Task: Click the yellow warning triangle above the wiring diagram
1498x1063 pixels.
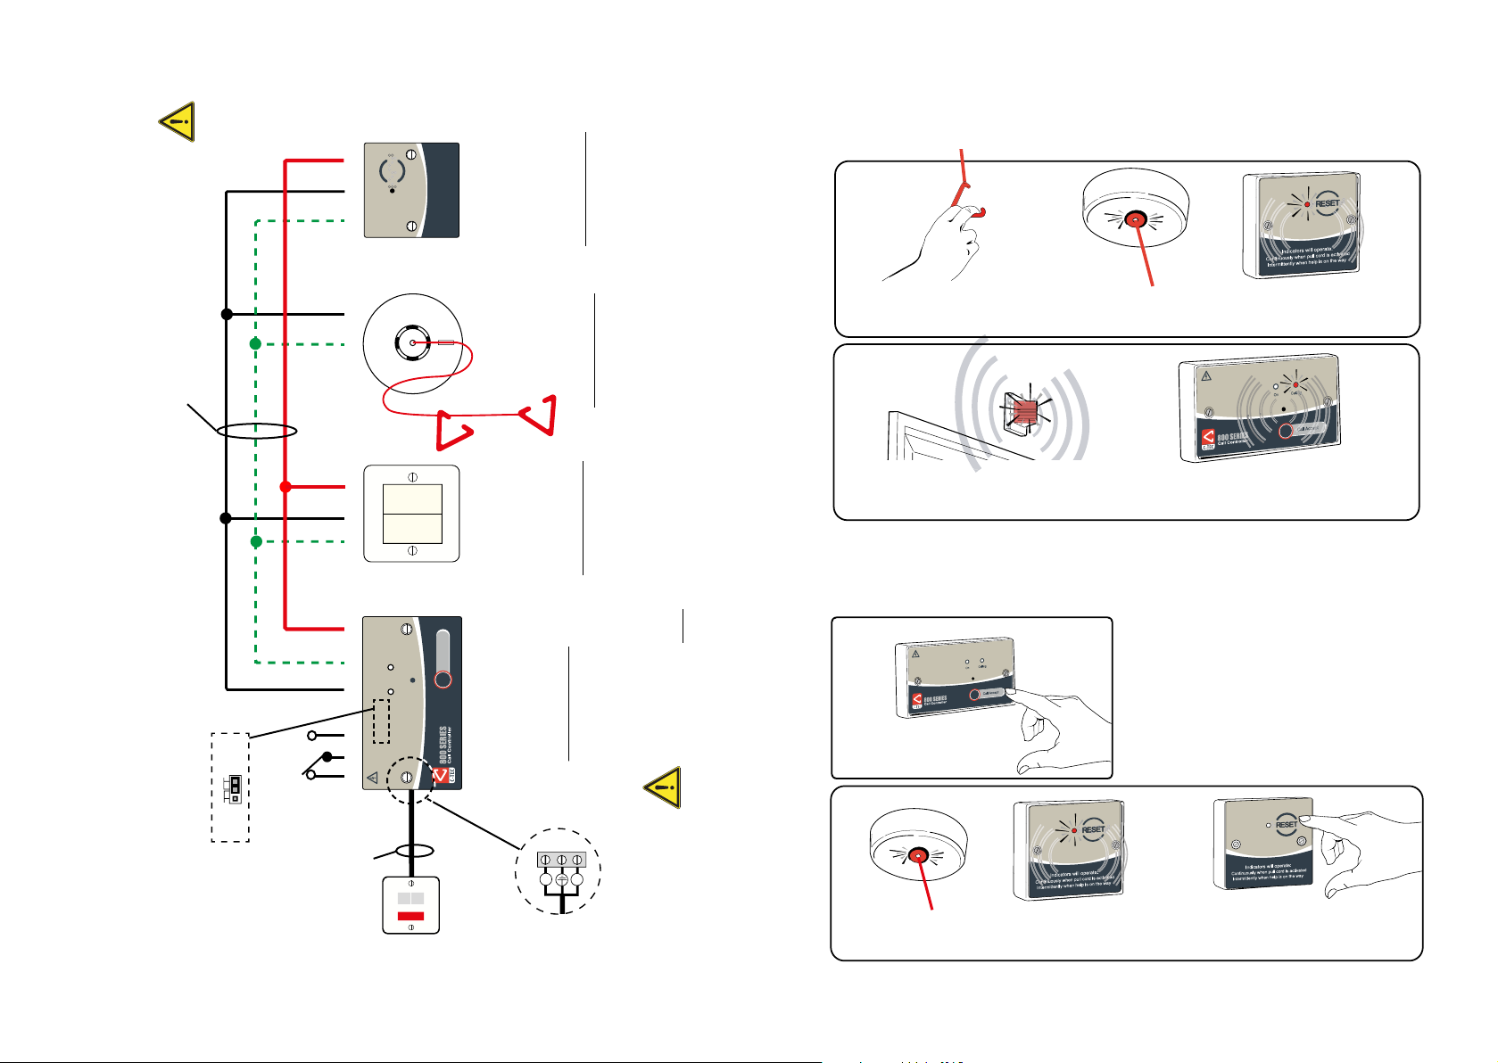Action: [x=178, y=121]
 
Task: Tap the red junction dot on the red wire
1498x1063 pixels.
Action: [x=286, y=487]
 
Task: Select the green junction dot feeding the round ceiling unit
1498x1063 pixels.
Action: [x=255, y=343]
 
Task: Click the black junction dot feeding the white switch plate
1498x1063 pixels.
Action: [x=226, y=518]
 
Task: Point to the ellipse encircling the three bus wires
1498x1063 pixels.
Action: [x=256, y=431]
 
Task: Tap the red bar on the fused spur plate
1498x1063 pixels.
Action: [x=410, y=916]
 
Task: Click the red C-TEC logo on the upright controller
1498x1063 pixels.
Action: [x=440, y=776]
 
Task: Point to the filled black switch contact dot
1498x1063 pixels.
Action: [x=327, y=757]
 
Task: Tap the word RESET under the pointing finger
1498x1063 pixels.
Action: [x=1286, y=824]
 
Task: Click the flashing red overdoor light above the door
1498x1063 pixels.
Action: [x=1026, y=410]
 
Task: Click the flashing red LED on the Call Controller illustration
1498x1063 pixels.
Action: [x=1295, y=384]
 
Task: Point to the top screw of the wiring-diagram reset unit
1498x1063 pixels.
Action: [x=411, y=154]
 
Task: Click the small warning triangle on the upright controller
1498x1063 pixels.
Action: [x=372, y=778]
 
